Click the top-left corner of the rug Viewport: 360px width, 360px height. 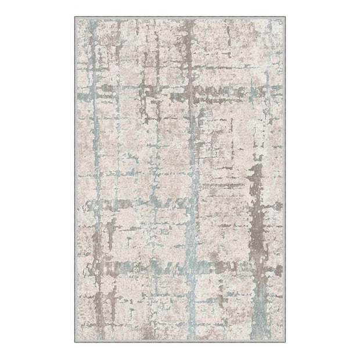[x=75, y=17]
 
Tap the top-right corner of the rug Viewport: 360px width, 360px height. [x=285, y=17]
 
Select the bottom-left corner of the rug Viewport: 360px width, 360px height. [x=75, y=343]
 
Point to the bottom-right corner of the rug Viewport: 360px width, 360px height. [x=285, y=343]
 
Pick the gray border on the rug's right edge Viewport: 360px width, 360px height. [x=283, y=180]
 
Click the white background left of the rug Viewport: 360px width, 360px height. [x=35, y=180]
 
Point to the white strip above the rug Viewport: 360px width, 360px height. [x=180, y=8]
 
